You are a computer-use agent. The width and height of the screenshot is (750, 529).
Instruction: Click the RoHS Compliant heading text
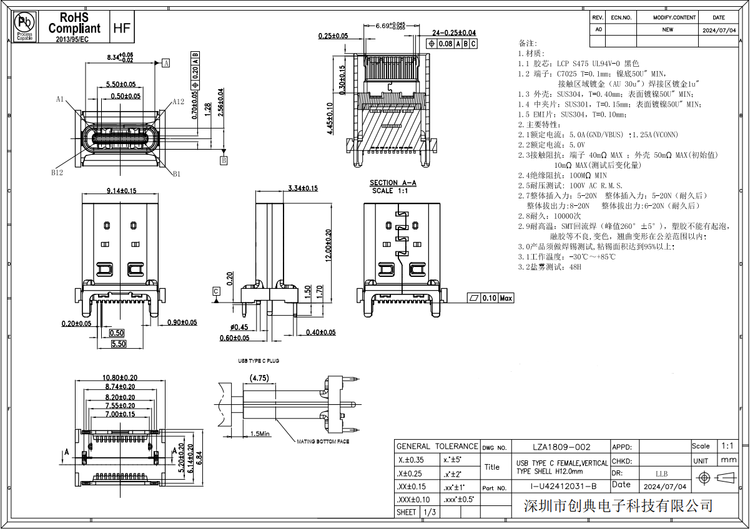[74, 22]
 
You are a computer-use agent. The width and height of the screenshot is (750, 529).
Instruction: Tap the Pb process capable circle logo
[25, 24]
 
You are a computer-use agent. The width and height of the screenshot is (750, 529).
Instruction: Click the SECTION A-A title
[392, 183]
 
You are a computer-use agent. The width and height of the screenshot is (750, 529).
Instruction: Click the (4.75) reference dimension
[259, 377]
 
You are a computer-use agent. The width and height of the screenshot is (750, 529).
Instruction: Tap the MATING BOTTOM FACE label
[322, 441]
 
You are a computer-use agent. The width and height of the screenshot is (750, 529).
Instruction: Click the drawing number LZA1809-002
[561, 447]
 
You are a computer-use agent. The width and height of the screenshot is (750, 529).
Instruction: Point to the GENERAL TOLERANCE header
[437, 446]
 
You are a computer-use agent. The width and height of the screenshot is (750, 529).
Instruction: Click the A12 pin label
[177, 102]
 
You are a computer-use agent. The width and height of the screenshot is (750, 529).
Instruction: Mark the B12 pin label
[57, 173]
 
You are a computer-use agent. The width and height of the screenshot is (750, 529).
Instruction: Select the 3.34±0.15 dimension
[303, 188]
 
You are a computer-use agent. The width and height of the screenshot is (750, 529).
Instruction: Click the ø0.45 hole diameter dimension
[238, 327]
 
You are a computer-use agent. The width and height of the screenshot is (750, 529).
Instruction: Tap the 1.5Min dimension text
[260, 434]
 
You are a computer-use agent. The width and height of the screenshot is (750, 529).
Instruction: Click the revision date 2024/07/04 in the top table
[719, 29]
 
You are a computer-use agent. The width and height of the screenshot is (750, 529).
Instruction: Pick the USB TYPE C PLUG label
[257, 361]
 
